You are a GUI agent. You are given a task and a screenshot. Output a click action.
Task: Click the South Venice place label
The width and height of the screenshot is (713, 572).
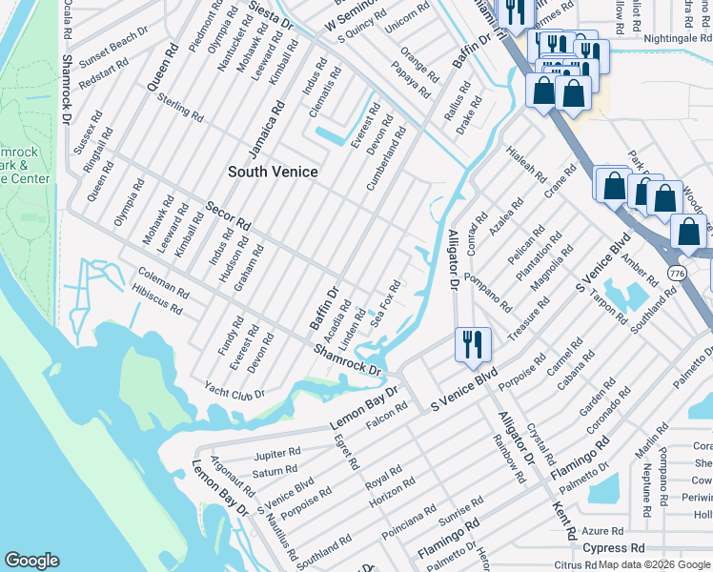pyautogui.click(x=273, y=172)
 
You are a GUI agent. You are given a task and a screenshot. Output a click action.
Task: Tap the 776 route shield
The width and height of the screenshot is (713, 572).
pyautogui.click(x=676, y=272)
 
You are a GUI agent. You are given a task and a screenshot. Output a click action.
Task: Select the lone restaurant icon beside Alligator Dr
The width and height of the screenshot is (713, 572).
pyautogui.click(x=473, y=344)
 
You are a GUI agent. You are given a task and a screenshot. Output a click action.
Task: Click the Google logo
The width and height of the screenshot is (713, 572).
pyautogui.click(x=32, y=561)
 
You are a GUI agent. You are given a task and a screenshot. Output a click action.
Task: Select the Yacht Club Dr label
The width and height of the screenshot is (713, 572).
pyautogui.click(x=234, y=391)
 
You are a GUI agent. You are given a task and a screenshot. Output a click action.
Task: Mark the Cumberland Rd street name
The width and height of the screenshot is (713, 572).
pyautogui.click(x=387, y=158)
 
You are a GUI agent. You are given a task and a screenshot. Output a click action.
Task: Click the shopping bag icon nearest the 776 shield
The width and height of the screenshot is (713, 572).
pyautogui.click(x=688, y=232)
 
